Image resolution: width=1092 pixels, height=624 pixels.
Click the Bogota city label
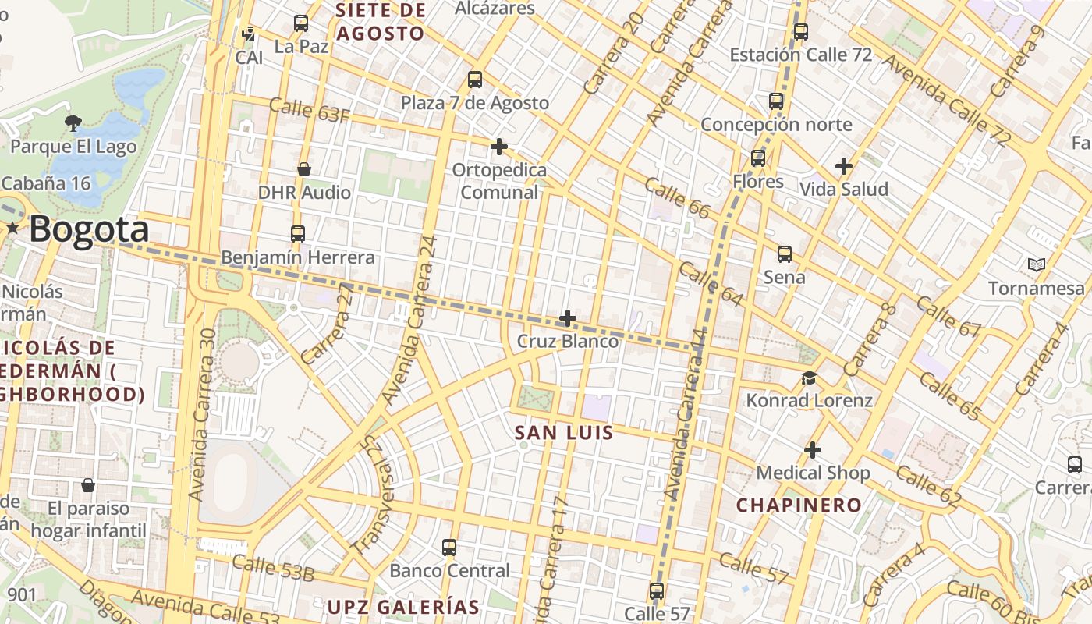[x=89, y=229]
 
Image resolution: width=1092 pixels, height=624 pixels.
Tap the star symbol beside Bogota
[x=12, y=228]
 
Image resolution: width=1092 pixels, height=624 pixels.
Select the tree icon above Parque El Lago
[x=73, y=122]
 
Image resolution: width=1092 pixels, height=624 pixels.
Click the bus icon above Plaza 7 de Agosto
[x=474, y=80]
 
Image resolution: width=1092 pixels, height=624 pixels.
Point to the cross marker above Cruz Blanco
[x=568, y=318]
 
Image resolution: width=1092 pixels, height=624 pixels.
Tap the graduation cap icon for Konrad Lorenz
[x=810, y=378]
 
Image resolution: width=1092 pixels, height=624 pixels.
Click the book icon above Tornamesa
[x=1036, y=265]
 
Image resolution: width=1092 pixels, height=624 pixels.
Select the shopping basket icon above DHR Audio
[x=304, y=169]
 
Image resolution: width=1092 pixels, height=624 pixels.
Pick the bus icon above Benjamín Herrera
[x=297, y=234]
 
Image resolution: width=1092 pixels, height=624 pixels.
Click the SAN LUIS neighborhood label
[x=564, y=432]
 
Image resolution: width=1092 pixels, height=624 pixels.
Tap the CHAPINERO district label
[x=799, y=505]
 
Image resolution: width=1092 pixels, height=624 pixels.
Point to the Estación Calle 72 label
[x=800, y=55]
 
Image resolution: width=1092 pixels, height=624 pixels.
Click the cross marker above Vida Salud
[x=843, y=166]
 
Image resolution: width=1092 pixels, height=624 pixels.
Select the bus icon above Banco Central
[x=448, y=548]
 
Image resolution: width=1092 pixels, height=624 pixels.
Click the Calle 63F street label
[x=309, y=110]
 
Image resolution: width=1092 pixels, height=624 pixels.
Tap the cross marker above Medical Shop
[x=813, y=450]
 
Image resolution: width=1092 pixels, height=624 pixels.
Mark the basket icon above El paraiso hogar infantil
[x=88, y=485]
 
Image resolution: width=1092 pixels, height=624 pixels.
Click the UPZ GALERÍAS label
[x=402, y=607]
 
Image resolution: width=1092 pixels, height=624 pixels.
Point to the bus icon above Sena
[x=784, y=254]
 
